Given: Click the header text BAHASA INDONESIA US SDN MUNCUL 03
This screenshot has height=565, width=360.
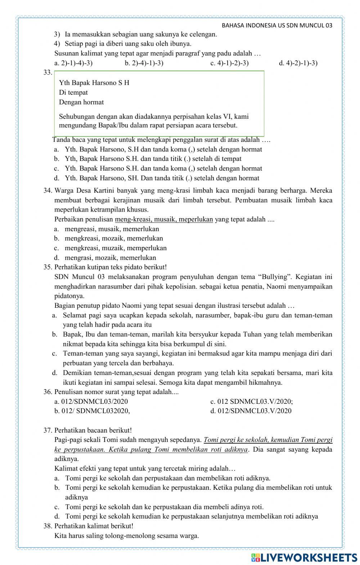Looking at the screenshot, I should click(276, 26).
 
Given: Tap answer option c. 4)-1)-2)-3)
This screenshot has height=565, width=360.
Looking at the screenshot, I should click(229, 63).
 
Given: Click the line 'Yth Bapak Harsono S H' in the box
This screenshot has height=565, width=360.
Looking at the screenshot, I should click(94, 83).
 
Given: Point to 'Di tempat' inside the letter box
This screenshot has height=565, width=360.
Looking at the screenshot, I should click(73, 92).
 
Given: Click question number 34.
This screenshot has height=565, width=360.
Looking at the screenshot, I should click(48, 190).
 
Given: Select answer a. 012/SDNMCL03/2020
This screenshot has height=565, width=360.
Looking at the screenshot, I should click(91, 401).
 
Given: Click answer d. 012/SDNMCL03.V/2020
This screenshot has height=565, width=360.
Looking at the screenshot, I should click(251, 411).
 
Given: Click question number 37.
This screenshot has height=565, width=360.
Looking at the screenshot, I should click(48, 430).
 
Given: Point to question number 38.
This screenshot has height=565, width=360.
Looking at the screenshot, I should click(48, 526).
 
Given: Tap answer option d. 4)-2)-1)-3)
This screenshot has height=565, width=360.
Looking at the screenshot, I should click(298, 63).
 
